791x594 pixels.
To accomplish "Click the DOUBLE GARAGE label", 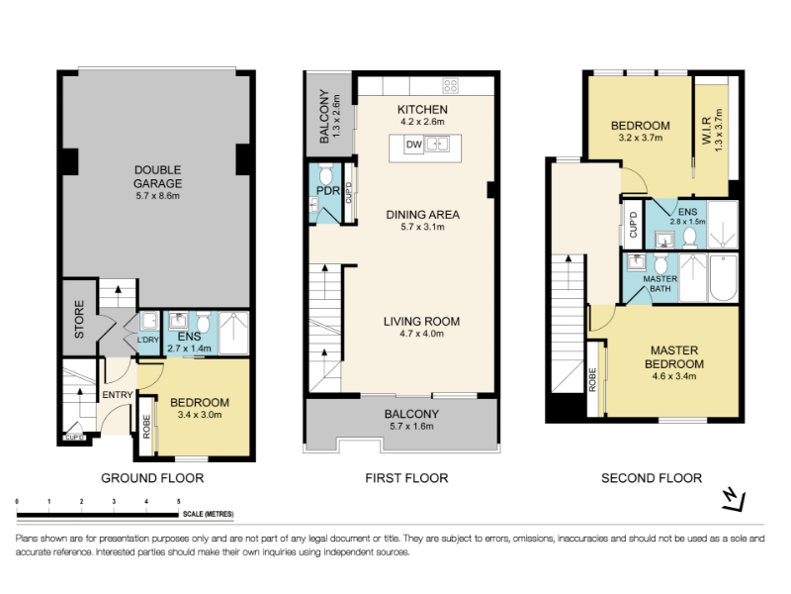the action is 158,177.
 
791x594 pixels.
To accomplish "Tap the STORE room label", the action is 80,319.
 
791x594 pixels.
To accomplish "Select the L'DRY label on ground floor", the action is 147,340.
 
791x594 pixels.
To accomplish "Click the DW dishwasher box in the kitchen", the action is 413,145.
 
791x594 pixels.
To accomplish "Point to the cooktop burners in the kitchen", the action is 451,86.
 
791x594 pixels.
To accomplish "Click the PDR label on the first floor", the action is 328,191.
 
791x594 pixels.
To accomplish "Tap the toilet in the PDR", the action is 326,174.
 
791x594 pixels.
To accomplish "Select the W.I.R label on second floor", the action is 707,131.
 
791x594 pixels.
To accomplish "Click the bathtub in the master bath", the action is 724,278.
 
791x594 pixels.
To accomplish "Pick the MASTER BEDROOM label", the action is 674,357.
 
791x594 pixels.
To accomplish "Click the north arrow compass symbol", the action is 734,500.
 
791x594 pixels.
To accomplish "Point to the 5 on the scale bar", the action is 179,502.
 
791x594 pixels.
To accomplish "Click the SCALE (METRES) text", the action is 209,514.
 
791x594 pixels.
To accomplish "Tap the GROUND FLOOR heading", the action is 152,478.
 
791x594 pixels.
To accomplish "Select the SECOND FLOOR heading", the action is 652,478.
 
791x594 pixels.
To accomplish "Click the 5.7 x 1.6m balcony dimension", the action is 411,427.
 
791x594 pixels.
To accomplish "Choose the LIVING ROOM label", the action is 422,321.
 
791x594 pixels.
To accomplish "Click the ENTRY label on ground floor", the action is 118,394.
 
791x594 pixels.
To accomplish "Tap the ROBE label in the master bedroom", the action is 592,380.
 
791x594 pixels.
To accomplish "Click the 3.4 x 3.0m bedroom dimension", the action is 200,415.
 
